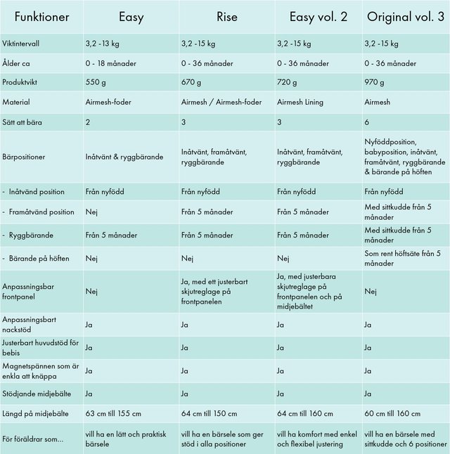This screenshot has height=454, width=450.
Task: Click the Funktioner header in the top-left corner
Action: tap(41, 17)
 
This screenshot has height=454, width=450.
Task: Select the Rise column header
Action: tap(227, 17)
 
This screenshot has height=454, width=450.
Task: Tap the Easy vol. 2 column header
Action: tap(318, 17)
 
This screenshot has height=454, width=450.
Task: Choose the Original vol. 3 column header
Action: tap(406, 17)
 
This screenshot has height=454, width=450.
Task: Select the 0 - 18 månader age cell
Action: tap(110, 63)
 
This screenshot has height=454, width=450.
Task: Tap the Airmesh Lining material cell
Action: tap(300, 103)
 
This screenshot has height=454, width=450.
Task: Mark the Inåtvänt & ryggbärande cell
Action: tap(124, 157)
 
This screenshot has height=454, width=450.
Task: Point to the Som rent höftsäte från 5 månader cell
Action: tap(403, 257)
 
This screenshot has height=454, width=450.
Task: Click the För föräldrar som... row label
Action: tap(34, 439)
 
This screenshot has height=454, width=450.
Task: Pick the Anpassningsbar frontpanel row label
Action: tap(30, 291)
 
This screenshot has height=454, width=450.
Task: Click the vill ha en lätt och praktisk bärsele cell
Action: tap(125, 439)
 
